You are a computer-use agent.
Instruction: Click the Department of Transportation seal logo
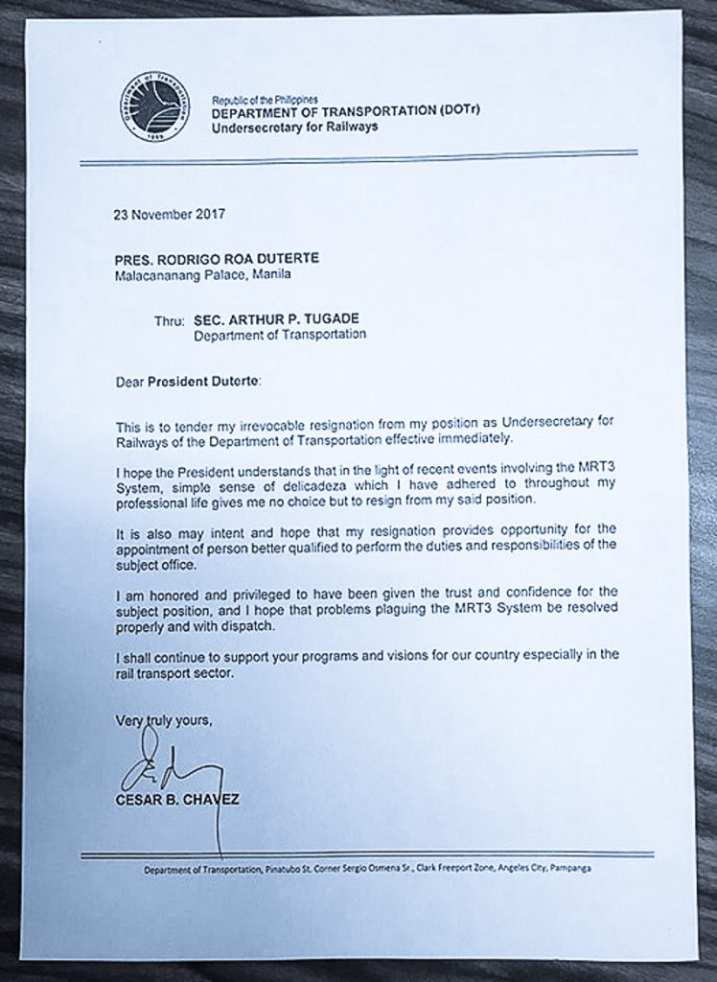(x=155, y=106)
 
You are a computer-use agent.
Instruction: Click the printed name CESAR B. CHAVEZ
(x=177, y=798)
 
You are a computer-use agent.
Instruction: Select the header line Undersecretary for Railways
(x=294, y=126)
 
